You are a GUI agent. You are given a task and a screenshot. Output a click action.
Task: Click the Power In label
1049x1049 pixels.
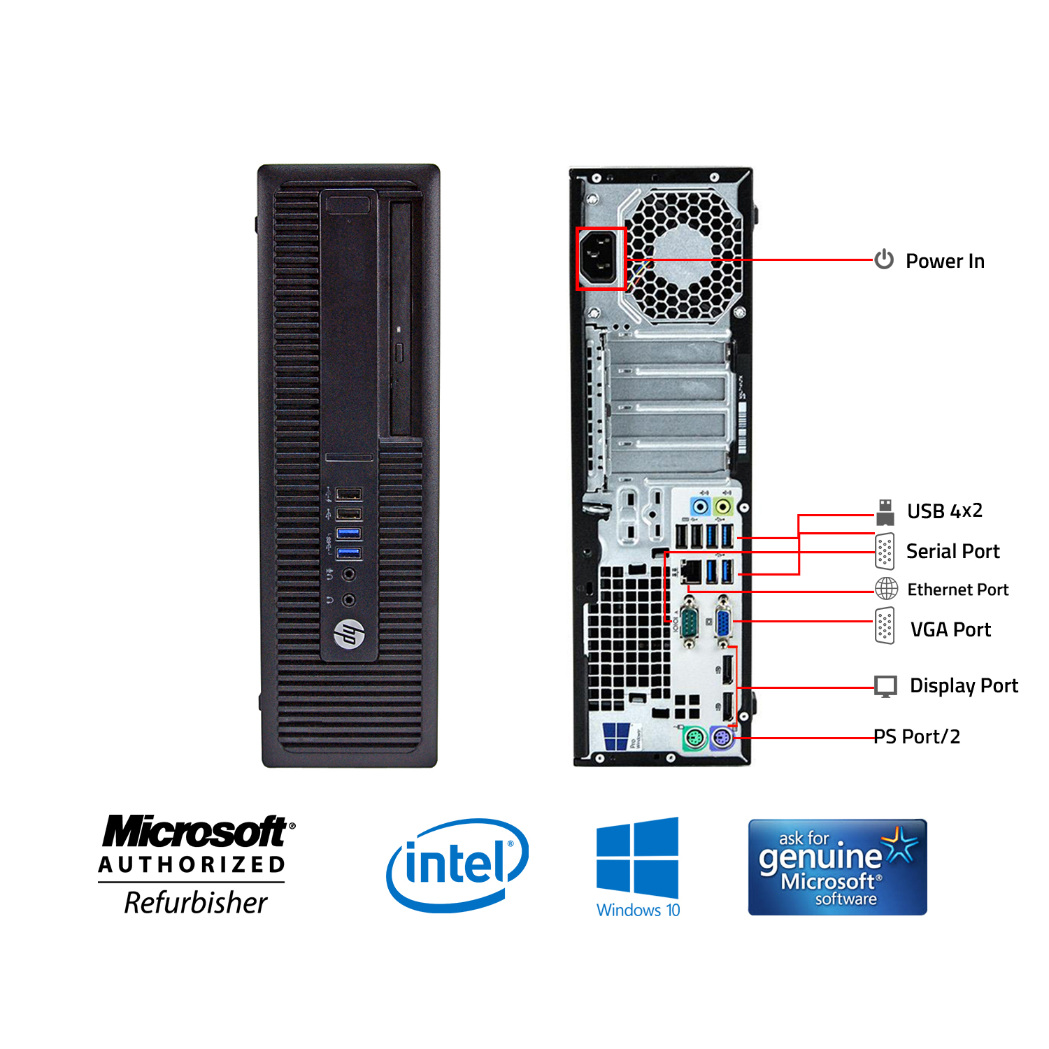click(944, 261)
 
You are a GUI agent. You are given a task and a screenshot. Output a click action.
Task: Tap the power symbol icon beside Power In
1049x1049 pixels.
click(884, 259)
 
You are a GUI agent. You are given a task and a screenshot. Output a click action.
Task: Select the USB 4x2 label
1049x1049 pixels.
click(944, 511)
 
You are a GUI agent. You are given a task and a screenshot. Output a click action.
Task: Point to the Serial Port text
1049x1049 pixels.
click(952, 551)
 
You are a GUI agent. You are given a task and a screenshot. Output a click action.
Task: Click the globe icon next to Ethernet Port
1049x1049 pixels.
click(886, 589)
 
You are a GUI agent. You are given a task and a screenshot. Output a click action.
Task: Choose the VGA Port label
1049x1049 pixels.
click(950, 629)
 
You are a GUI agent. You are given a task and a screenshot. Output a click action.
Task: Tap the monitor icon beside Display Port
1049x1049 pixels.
click(885, 686)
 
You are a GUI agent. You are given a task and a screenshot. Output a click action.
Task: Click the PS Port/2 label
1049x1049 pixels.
click(917, 736)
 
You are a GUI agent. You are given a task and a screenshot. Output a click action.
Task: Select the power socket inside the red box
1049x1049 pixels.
click(600, 258)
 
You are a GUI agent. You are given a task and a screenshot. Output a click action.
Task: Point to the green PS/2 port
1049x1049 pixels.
click(694, 738)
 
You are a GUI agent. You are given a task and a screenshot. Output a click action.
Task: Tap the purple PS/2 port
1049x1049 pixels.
click(722, 738)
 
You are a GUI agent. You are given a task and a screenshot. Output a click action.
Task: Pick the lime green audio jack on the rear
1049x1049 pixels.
click(724, 506)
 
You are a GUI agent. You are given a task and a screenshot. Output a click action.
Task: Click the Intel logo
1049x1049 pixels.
click(457, 864)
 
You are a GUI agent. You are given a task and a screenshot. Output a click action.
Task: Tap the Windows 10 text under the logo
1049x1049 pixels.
click(638, 910)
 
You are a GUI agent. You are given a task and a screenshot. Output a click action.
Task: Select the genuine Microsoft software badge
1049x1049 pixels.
click(837, 867)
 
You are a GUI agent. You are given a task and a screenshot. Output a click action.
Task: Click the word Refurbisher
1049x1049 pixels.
click(196, 903)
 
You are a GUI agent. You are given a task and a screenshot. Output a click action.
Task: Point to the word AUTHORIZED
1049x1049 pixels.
click(192, 865)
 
